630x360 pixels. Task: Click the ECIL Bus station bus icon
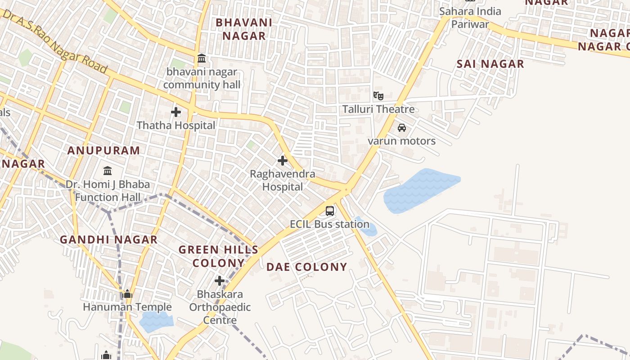pos(330,211)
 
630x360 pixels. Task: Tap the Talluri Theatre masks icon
pos(378,95)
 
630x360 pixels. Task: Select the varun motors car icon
pos(402,128)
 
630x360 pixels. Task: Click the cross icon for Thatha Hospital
pos(176,112)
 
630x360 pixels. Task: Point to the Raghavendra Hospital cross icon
pos(283,160)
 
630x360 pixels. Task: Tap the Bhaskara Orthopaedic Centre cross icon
pos(220,281)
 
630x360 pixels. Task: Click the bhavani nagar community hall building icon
pos(202,58)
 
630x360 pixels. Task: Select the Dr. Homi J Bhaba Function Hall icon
pos(108,171)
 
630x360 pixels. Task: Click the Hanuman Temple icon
pos(127,294)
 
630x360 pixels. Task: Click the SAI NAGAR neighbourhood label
pos(490,64)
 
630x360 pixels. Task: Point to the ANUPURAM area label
pos(103,151)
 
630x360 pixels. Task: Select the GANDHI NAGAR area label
pos(108,240)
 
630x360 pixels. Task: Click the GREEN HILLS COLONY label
pos(218,256)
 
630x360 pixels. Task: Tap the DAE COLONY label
pos(306,267)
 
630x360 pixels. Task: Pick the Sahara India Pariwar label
pos(470,18)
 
